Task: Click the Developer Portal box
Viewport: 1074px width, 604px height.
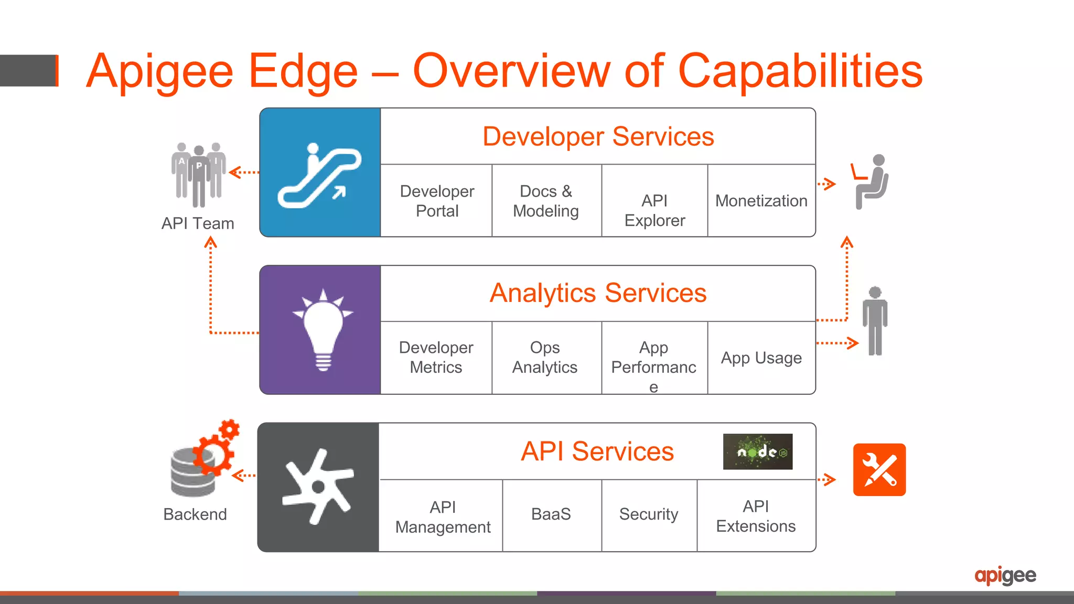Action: (x=436, y=201)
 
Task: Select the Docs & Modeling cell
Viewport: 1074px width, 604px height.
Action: (x=546, y=201)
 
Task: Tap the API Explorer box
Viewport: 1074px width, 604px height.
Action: (x=654, y=210)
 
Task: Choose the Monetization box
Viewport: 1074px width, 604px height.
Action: (x=761, y=201)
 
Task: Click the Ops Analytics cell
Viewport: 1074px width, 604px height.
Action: (x=545, y=358)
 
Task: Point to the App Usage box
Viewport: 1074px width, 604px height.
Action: (x=761, y=358)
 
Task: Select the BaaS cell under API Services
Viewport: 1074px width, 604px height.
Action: (x=551, y=514)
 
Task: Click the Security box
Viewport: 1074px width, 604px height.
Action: (x=649, y=514)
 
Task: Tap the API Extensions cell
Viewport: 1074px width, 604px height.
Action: (x=756, y=516)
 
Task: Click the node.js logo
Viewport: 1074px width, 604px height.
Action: (x=757, y=451)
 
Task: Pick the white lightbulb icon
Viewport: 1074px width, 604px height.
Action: (x=323, y=330)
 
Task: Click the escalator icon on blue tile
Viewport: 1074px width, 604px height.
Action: (x=319, y=176)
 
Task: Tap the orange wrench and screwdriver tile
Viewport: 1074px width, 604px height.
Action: (x=879, y=470)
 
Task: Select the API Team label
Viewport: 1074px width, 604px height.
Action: (x=198, y=224)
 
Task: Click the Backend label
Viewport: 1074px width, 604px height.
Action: (x=195, y=514)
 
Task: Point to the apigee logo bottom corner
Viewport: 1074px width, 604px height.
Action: (x=1005, y=576)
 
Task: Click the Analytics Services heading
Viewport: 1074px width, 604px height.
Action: (x=598, y=293)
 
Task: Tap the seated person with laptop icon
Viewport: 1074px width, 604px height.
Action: (x=871, y=181)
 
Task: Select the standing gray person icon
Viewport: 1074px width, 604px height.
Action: (x=875, y=321)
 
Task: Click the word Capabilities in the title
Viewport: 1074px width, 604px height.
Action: (x=800, y=72)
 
